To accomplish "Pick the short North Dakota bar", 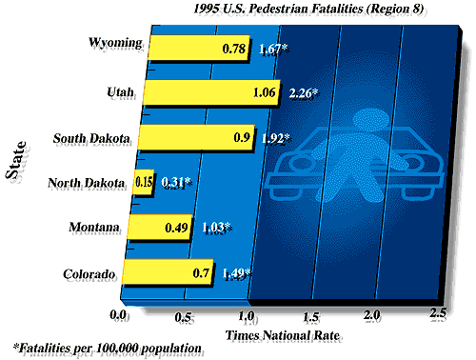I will [x=143, y=182].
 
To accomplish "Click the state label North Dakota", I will [x=89, y=181].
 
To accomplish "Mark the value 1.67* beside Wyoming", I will [x=277, y=49].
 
